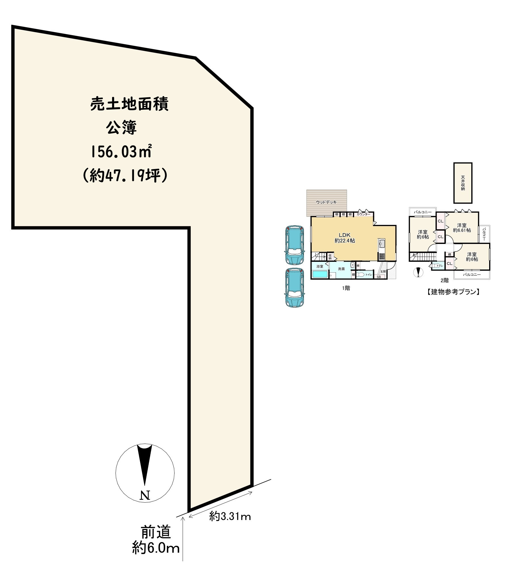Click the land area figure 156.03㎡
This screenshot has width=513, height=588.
pyautogui.click(x=121, y=152)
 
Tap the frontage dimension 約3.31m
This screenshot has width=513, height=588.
pyautogui.click(x=230, y=517)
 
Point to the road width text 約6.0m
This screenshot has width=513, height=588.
pyautogui.click(x=156, y=548)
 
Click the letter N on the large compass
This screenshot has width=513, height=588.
pyautogui.click(x=145, y=495)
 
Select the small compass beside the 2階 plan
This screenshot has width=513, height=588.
pyautogui.click(x=419, y=272)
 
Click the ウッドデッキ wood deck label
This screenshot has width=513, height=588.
pyautogui.click(x=326, y=202)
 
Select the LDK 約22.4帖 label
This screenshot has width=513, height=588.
pyautogui.click(x=345, y=238)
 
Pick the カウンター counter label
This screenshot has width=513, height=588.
pyautogui.click(x=363, y=214)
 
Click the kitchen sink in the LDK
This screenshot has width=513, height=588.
pyautogui.click(x=382, y=244)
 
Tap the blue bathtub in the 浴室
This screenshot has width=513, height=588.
pyautogui.click(x=320, y=274)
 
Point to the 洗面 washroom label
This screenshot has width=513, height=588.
pyautogui.click(x=341, y=269)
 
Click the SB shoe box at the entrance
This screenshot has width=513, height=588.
pyautogui.click(x=379, y=277)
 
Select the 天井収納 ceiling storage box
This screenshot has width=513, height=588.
pyautogui.click(x=462, y=183)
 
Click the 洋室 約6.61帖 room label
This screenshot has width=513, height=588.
pyautogui.click(x=462, y=228)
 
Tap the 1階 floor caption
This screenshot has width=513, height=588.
pyautogui.click(x=346, y=288)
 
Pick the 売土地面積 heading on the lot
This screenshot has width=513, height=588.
pyautogui.click(x=129, y=104)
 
